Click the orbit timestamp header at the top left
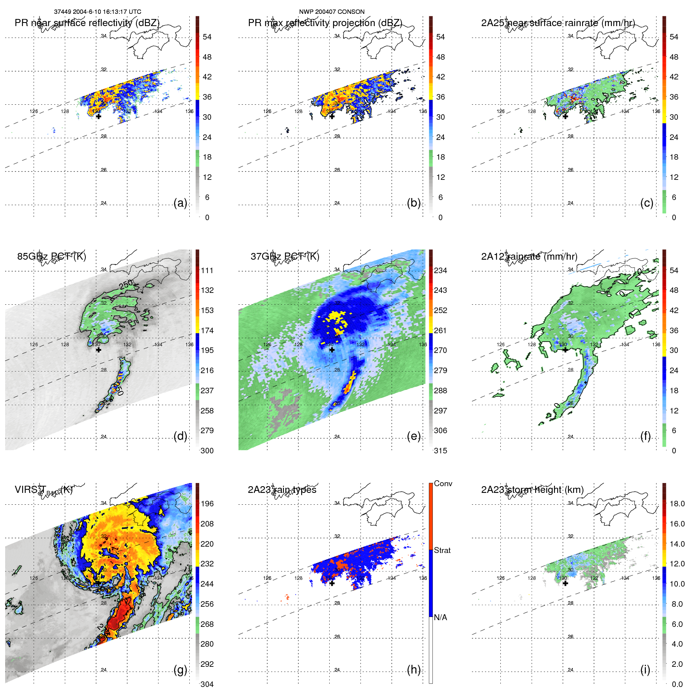97,12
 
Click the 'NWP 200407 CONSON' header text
332,12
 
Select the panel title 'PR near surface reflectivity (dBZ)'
87,23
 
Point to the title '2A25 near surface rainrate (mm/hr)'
558,23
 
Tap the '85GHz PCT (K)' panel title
51,257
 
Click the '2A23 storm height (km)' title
532,490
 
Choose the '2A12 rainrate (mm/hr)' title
529,257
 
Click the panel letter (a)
180,203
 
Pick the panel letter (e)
414,436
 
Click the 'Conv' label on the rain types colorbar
443,483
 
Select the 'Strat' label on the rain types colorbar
442,550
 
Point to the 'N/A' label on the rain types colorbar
440,617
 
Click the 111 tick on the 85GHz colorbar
207,270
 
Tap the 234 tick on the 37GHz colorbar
440,270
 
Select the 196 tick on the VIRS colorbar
207,504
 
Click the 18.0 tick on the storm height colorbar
677,504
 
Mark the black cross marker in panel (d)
98,350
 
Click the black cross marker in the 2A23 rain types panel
332,583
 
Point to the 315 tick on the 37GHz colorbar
440,451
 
